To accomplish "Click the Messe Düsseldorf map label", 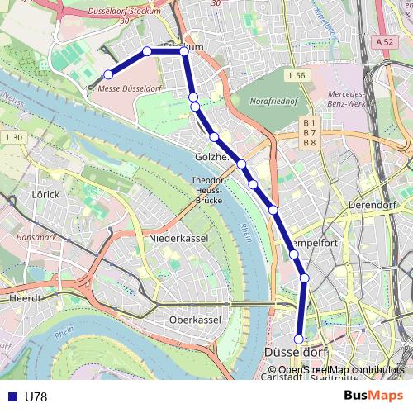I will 129,88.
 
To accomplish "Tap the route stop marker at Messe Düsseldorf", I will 108,75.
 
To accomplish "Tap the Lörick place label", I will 45,194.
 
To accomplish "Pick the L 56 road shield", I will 298,75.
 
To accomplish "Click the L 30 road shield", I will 13,136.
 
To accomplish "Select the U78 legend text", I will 36,397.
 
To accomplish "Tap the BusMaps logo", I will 368,396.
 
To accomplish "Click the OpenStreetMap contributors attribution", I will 341,370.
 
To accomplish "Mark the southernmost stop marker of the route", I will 299,339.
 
